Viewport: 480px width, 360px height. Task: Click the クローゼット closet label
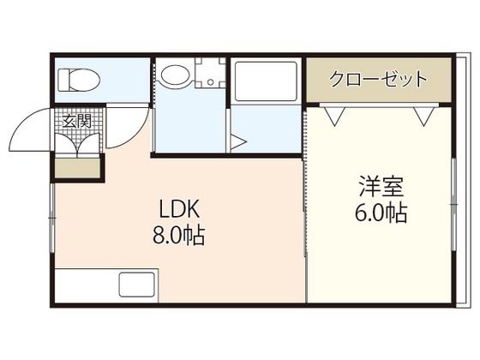(379, 81)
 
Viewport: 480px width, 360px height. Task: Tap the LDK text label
(179, 210)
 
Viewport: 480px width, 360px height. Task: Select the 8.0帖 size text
(179, 236)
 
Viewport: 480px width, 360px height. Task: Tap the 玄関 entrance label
(76, 120)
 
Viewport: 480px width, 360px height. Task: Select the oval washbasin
(176, 75)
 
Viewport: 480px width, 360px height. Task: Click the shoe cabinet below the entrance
(76, 169)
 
